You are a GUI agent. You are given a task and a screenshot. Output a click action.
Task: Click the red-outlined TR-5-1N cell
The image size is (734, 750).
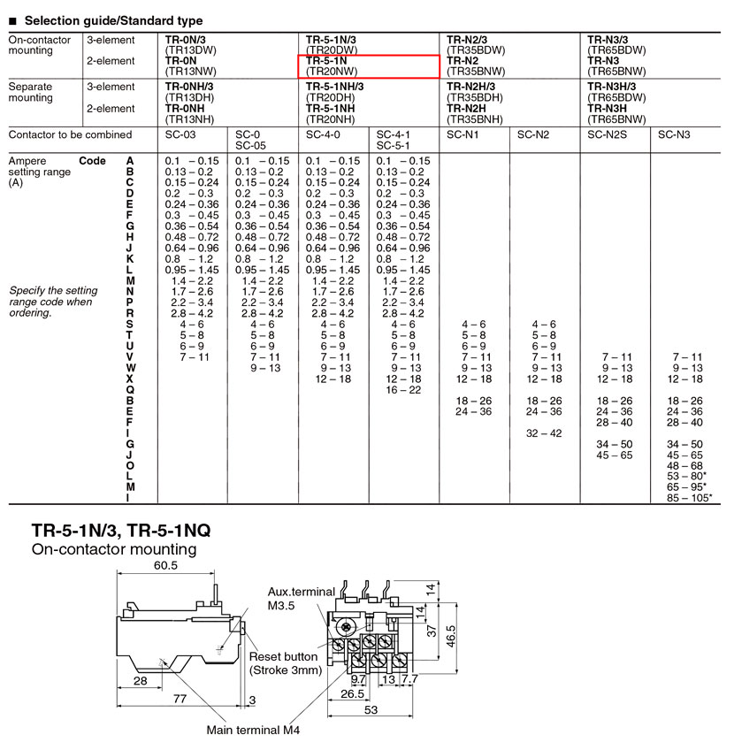tap(368, 66)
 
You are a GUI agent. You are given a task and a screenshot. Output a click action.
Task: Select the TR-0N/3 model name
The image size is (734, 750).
tap(186, 40)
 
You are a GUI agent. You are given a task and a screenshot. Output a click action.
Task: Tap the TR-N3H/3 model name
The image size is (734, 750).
tap(612, 87)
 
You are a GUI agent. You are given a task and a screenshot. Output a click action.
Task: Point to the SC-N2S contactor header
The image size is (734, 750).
tap(607, 135)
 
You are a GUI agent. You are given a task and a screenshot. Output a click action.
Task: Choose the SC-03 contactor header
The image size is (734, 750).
tap(180, 135)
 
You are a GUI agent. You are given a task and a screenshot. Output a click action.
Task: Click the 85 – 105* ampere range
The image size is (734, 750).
tap(690, 498)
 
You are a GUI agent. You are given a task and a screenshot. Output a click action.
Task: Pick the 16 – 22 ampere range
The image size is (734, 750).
tap(403, 390)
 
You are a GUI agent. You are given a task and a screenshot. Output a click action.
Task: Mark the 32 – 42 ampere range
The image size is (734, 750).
tap(544, 433)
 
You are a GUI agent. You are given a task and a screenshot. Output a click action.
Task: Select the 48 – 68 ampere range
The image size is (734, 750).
tap(684, 466)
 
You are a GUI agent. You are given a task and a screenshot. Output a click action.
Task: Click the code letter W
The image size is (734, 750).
tap(131, 368)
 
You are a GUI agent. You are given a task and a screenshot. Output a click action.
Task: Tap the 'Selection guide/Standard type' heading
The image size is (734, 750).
tap(113, 20)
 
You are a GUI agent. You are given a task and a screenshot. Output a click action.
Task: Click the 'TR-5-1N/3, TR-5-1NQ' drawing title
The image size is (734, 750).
tap(121, 531)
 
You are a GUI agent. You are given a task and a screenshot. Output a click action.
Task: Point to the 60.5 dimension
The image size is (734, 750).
tap(165, 565)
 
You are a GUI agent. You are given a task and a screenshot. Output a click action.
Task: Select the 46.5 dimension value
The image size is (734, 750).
tap(451, 636)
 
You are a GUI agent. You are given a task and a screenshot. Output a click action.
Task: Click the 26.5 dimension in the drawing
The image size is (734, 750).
tap(353, 693)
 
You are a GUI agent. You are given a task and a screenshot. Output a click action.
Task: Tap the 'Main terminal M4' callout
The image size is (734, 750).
tap(253, 730)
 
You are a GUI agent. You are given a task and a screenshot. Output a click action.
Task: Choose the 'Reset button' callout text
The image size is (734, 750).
tap(283, 657)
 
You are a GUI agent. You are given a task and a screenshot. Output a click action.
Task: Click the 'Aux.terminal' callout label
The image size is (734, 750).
tap(302, 592)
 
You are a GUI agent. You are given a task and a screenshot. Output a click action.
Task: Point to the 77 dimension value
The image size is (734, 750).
tap(180, 699)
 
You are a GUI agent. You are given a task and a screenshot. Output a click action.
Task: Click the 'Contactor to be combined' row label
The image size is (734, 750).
tap(70, 135)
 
